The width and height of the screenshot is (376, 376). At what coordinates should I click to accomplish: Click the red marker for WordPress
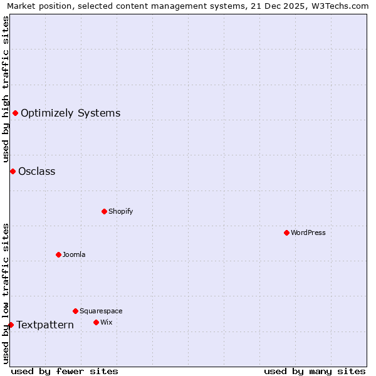point(286,232)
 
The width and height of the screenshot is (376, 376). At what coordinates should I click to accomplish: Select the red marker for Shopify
point(104,211)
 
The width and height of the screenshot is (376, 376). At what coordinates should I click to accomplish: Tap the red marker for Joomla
point(58,254)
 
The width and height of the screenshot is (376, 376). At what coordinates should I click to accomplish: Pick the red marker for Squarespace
point(75,311)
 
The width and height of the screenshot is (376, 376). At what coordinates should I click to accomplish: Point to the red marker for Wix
point(96,322)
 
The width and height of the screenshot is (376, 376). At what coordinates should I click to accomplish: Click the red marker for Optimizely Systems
point(15,113)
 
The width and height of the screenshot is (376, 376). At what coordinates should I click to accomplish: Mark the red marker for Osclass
point(13,171)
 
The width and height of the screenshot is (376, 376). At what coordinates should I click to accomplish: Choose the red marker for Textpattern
point(11,325)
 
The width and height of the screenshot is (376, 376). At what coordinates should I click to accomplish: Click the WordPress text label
point(308,232)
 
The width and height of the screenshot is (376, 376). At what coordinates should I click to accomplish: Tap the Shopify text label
point(121,211)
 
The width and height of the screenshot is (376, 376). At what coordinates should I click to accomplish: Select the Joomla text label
point(74,254)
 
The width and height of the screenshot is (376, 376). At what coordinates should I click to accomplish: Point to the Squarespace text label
point(101,311)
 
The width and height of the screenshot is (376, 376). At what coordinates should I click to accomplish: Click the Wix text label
point(107,322)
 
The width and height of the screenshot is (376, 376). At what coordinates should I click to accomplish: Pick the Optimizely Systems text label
point(71,113)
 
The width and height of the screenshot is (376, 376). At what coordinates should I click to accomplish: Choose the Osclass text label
point(37,171)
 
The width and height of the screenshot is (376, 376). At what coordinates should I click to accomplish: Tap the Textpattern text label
point(45,325)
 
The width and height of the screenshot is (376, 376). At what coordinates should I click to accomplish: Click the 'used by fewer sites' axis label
point(65,371)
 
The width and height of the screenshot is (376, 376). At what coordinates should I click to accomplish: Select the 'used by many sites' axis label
point(315,371)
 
